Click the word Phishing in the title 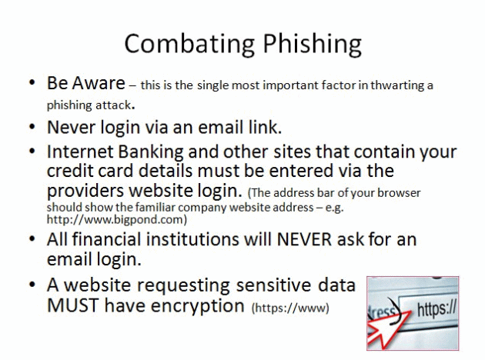click(x=312, y=45)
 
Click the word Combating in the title click(x=189, y=44)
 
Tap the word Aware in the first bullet click(x=99, y=83)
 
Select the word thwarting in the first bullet click(x=396, y=85)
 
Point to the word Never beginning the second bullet click(x=71, y=127)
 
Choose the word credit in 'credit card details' click(x=70, y=171)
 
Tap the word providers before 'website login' click(x=85, y=191)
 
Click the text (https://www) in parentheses click(x=290, y=308)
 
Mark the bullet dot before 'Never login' click(x=32, y=127)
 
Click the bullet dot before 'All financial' click(x=32, y=239)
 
